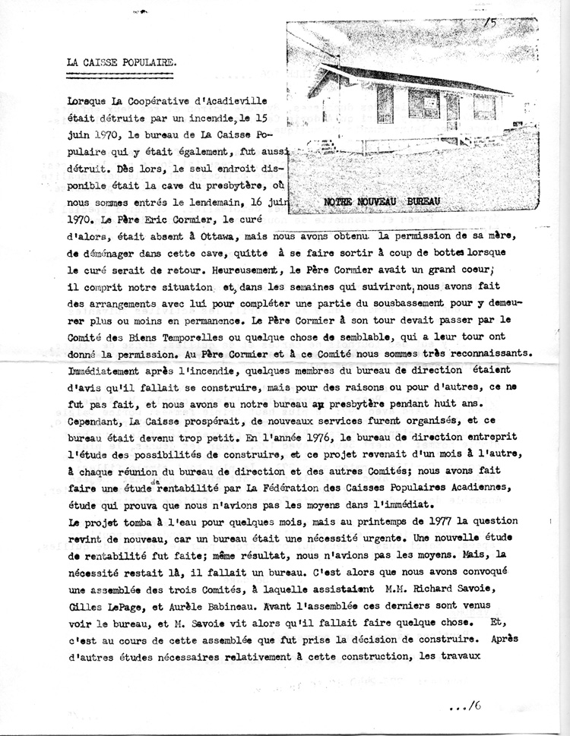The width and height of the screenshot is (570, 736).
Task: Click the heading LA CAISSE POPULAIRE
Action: (121, 60)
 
